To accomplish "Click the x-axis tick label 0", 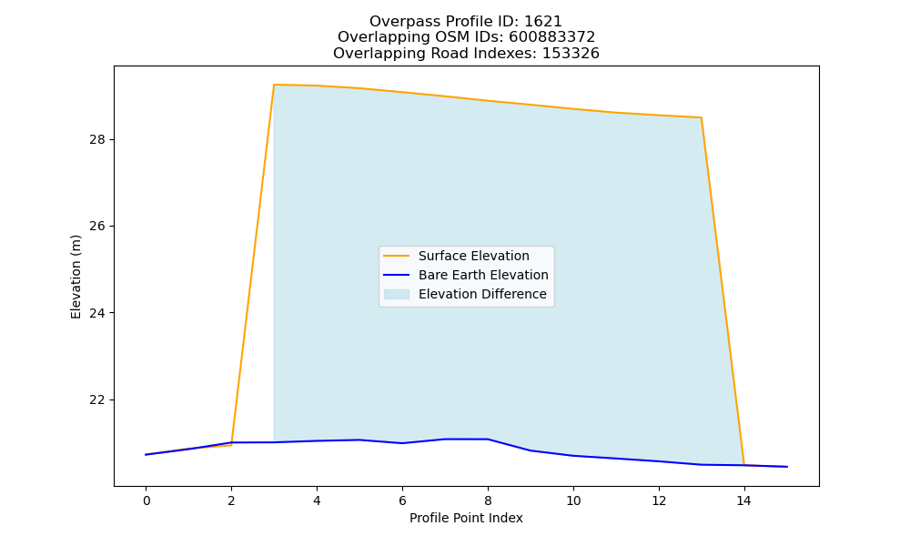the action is tap(146, 500).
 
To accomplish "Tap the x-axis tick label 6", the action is tap(402, 500).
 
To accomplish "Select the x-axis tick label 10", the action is tap(573, 500).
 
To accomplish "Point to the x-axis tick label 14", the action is tap(744, 500).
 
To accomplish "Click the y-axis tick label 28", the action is tap(98, 139).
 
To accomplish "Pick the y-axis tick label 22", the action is tap(98, 399).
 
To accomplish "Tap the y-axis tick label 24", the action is tap(98, 313).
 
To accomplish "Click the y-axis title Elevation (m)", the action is tap(76, 277).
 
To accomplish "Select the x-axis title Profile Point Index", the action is tap(466, 518).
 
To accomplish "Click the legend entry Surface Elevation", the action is tap(473, 256).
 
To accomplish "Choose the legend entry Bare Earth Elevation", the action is tap(483, 275).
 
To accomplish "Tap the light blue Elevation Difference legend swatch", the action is tap(397, 294).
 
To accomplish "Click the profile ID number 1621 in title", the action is tap(543, 22).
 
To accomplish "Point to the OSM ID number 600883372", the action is tap(552, 37).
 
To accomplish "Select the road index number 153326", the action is tap(571, 54).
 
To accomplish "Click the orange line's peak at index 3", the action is tap(274, 85).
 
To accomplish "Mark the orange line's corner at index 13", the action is tap(701, 117).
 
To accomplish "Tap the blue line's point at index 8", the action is tap(488, 440).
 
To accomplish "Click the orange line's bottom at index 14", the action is tap(744, 465).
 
